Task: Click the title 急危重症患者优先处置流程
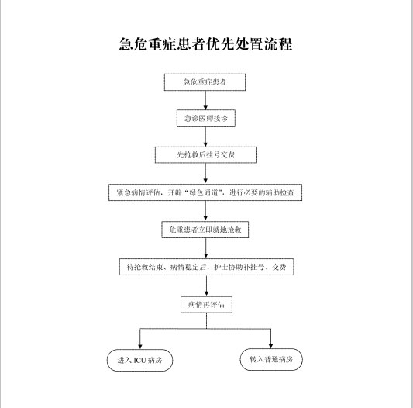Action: (205, 44)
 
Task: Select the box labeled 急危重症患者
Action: (205, 82)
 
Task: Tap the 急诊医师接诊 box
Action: (206, 119)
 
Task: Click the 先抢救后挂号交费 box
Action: (206, 155)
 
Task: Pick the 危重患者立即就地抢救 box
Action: (205, 230)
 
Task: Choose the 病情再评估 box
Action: (206, 305)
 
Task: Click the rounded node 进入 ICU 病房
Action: (139, 360)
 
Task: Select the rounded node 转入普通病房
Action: (271, 359)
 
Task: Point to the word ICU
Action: (139, 360)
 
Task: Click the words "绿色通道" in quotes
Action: (204, 193)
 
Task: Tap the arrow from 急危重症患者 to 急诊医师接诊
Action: (205, 100)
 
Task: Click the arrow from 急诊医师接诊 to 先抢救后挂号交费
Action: (205, 137)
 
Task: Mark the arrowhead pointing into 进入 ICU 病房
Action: (140, 347)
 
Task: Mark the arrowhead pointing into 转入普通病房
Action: (270, 346)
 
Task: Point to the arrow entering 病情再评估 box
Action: (206, 285)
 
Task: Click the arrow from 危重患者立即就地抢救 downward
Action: (206, 248)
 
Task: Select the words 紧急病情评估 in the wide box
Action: (138, 193)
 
